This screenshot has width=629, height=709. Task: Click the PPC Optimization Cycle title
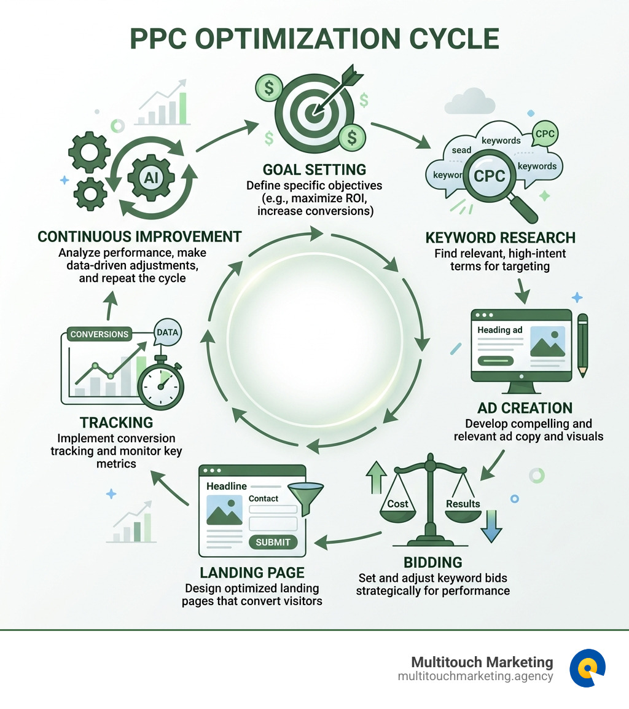point(314,38)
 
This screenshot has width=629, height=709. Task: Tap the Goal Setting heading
point(314,169)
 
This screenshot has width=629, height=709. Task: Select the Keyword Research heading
point(500,237)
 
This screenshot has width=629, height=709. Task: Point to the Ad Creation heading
point(525,408)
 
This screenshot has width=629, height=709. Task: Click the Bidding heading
point(432,562)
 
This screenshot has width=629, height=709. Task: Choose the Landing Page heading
point(252,573)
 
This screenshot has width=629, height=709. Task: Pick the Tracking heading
point(116,423)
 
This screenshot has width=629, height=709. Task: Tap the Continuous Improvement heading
point(139,237)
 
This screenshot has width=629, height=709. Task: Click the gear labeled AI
point(150,178)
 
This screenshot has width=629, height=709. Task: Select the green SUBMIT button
point(273,542)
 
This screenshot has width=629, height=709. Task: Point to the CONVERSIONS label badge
point(100,334)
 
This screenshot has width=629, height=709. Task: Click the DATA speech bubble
point(167,332)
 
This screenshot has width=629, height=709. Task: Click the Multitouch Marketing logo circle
point(587,668)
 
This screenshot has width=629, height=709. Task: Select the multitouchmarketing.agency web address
point(475,676)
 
